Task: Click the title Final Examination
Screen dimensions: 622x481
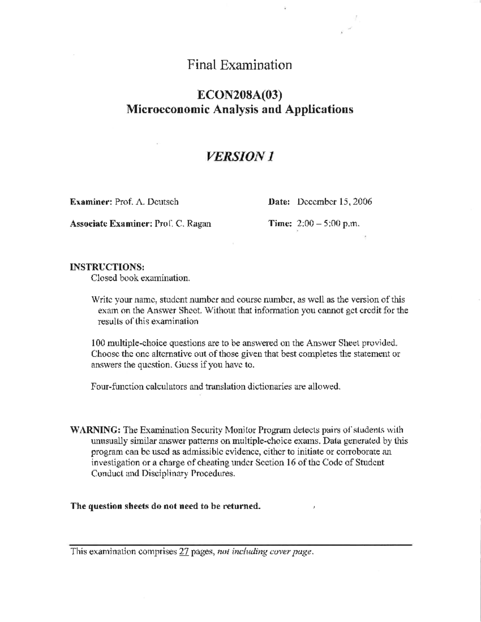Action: coord(240,64)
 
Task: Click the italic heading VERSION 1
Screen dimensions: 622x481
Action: coord(240,156)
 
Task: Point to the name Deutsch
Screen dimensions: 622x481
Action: coord(164,202)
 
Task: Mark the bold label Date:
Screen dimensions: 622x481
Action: coord(279,202)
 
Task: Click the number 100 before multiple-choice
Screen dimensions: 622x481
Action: coord(98,343)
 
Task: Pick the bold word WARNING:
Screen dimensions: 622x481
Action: coord(95,430)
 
